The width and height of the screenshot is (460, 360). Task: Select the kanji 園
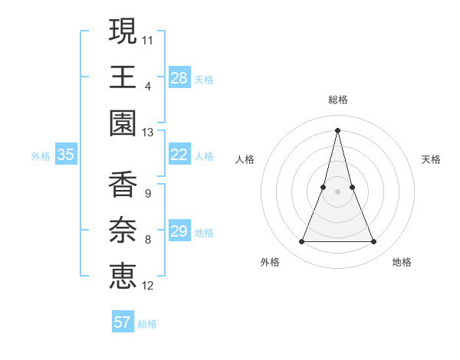pos(123,123)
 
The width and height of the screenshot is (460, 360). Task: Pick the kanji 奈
pos(123,231)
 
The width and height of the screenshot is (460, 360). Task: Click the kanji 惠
pos(123,277)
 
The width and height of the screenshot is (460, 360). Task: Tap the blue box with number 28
pos(179,77)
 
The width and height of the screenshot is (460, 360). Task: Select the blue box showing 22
pos(179,155)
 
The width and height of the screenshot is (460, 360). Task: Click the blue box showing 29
pos(179,231)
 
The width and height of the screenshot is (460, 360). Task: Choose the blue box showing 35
pos(66,155)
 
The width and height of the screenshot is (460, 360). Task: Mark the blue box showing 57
pos(123,322)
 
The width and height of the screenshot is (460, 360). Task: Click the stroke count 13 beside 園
pos(147,133)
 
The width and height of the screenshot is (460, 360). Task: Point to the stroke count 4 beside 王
pos(148,86)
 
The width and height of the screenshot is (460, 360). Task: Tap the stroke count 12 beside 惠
pos(147,286)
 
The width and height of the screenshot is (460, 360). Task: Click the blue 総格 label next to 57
pos(147,324)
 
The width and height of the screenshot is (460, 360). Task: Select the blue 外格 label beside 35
pos(41,156)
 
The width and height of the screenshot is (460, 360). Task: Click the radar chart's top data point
pos(338,129)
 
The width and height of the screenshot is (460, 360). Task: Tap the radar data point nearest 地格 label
pos(374,242)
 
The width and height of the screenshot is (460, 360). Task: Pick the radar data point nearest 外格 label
pos(301,242)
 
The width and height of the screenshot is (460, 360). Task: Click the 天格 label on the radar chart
pos(431,159)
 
